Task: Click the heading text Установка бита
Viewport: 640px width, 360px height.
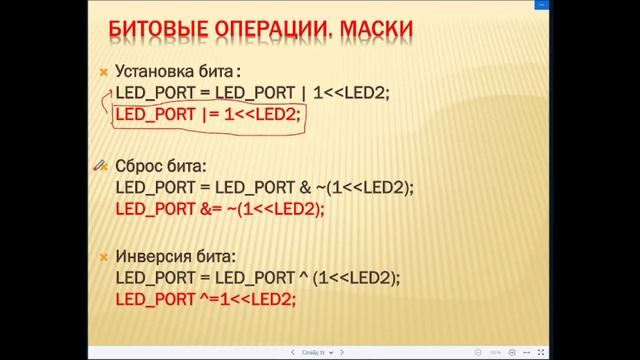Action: click(176, 72)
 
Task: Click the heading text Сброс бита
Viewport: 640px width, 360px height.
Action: click(161, 164)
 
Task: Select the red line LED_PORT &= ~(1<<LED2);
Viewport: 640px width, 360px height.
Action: click(220, 209)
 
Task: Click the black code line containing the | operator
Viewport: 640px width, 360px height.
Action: click(250, 93)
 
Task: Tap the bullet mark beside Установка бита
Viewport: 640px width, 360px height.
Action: click(101, 73)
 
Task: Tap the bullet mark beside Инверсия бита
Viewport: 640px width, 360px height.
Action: click(101, 255)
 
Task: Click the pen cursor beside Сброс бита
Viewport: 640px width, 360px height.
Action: click(101, 164)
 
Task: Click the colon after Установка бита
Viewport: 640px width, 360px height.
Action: click(239, 73)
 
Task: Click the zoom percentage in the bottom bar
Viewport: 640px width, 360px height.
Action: click(495, 352)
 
